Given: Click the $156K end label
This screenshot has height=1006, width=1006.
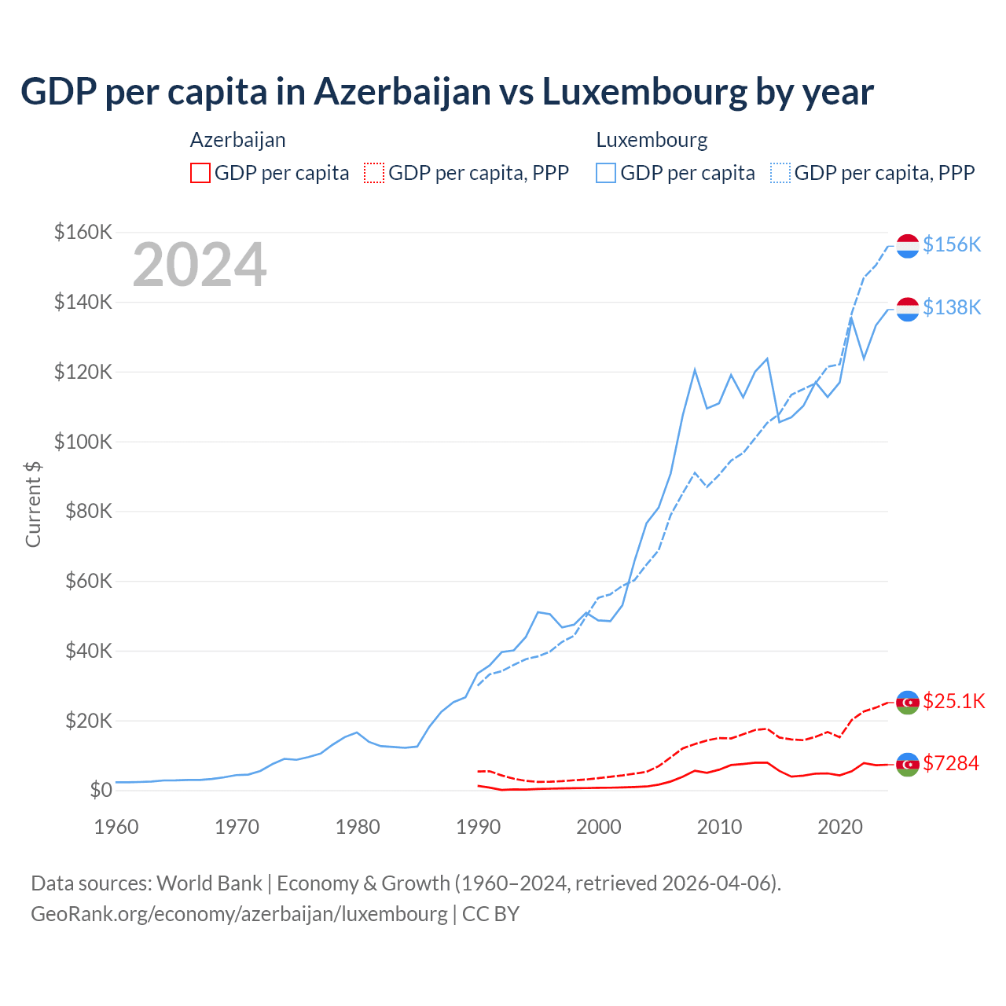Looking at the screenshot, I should tap(952, 244).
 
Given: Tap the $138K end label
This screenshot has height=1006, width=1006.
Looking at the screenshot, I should tap(952, 307).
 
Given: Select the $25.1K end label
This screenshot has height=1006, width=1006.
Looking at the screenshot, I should tap(953, 701).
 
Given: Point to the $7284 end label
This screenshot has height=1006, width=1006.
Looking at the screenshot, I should tap(951, 763).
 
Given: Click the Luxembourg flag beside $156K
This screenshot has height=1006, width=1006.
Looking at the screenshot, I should tap(908, 246).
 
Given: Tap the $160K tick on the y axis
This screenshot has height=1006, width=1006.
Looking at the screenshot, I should tap(83, 233).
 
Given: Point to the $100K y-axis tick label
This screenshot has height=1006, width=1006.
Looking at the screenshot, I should tap(83, 442).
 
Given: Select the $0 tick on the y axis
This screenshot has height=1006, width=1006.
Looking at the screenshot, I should tap(101, 791).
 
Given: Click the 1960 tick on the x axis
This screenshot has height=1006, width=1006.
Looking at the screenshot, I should tap(116, 827).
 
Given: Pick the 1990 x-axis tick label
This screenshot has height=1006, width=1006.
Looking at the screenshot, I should tap(479, 827).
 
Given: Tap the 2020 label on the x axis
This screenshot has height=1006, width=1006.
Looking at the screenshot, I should tap(840, 827).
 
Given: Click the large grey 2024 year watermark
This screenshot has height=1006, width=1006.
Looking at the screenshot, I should tap(200, 266).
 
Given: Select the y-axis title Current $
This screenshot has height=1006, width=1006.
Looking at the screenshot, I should tap(33, 504).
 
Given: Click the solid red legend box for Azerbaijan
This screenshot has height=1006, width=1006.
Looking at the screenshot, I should tap(200, 173).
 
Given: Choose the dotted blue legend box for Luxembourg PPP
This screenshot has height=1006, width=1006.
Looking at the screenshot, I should tap(780, 173).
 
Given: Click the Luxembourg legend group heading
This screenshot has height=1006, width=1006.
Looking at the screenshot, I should tap(652, 140).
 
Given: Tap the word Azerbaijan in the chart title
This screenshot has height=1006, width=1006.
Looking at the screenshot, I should tap(402, 92).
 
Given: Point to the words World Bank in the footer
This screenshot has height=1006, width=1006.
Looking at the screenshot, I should tap(209, 883).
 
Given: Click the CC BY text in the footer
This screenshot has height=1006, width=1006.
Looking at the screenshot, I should tap(490, 914).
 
